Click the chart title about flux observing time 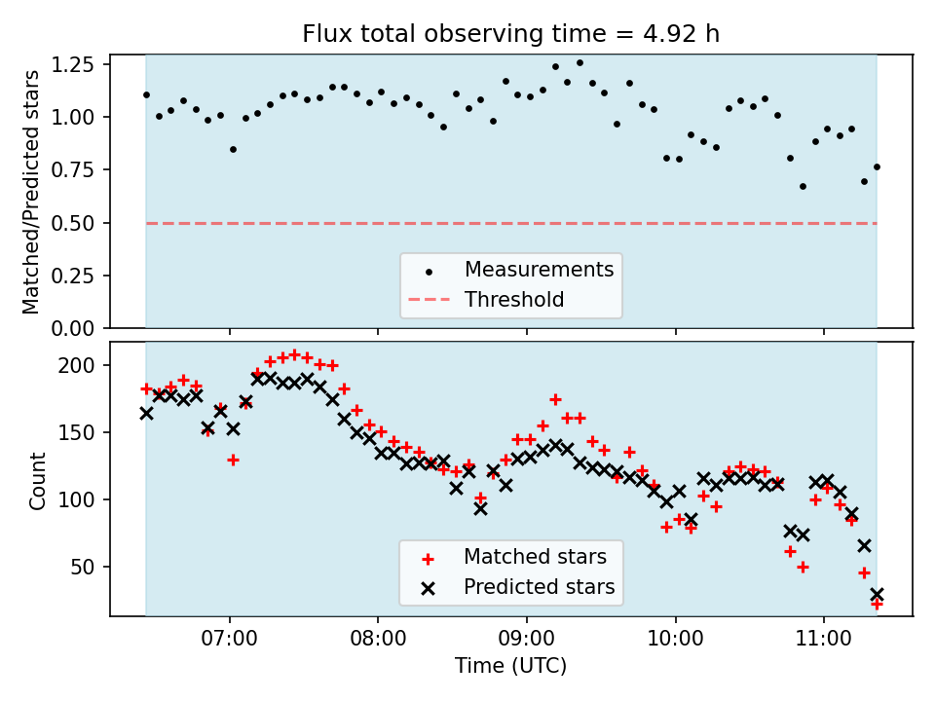(510, 34)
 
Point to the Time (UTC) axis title (510, 666)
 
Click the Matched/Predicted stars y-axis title (31, 192)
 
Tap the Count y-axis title (37, 480)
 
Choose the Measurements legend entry (539, 270)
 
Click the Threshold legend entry (514, 300)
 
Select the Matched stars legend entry (535, 557)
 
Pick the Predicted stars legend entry (539, 587)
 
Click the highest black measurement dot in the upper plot (580, 62)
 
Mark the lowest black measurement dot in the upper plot (803, 186)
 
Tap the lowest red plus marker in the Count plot (877, 604)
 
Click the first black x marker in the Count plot (146, 413)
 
